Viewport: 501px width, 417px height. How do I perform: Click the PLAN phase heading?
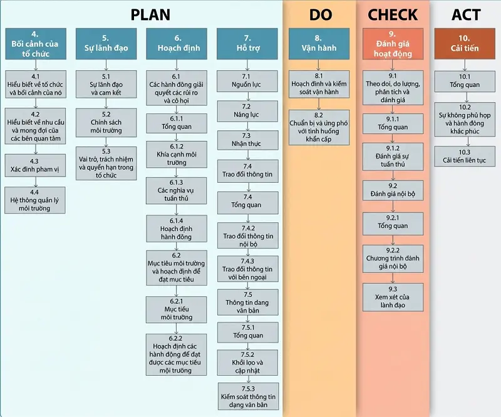click(x=150, y=14)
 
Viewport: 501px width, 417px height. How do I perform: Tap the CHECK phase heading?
click(x=393, y=14)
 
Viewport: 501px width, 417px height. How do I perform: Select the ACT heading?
click(x=466, y=14)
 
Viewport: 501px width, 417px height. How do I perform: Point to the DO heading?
click(x=321, y=14)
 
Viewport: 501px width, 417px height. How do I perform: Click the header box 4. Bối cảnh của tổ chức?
click(x=36, y=44)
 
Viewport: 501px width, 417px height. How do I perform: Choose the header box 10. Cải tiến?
click(x=465, y=44)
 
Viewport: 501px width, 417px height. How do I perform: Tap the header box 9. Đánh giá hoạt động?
click(x=393, y=44)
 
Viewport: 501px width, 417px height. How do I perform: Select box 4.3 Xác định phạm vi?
click(x=35, y=165)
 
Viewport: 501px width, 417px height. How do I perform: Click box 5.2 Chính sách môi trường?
click(x=106, y=123)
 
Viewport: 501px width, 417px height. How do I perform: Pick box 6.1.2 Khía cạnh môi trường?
click(x=177, y=154)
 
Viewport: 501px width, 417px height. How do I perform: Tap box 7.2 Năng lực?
click(x=247, y=111)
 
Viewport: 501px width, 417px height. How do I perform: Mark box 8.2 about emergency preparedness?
click(x=319, y=127)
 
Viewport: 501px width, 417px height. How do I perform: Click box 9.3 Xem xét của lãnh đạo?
click(x=393, y=297)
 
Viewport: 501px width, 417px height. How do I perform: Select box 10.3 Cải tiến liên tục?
click(x=465, y=157)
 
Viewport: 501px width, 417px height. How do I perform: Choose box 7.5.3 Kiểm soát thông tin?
click(x=248, y=396)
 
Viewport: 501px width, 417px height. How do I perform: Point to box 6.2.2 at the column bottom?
click(x=176, y=354)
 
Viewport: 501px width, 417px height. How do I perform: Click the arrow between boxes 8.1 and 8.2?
click(x=319, y=104)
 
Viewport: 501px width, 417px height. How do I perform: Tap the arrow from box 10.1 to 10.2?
click(x=467, y=98)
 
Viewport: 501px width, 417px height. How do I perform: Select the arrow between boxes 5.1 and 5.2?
click(x=106, y=103)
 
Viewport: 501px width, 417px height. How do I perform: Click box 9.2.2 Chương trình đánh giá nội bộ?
click(x=393, y=259)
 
